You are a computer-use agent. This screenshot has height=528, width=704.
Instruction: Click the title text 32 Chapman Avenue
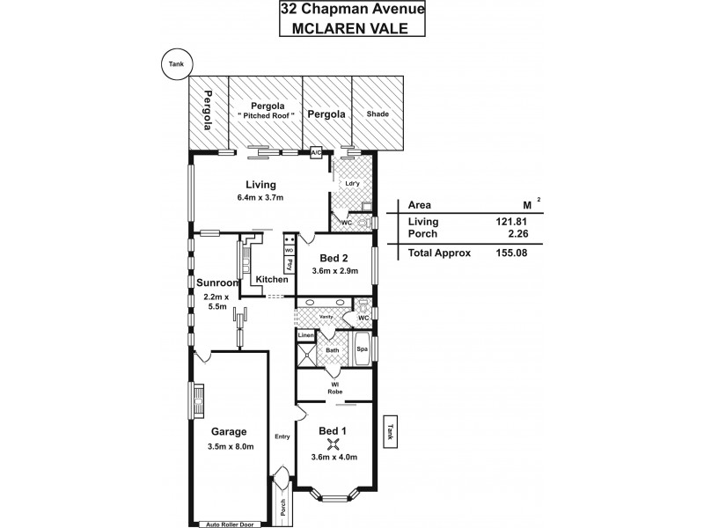[351, 10]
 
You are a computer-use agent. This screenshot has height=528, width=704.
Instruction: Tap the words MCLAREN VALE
[351, 27]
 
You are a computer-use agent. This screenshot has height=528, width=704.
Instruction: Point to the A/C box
[316, 153]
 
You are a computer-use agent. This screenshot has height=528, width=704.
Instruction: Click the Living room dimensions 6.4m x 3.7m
[260, 199]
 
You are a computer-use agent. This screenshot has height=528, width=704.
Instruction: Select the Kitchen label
[272, 279]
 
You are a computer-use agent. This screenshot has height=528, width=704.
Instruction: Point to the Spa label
[362, 349]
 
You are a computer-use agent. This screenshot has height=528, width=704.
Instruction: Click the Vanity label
[325, 314]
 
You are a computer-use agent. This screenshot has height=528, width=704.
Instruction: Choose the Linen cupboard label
[305, 335]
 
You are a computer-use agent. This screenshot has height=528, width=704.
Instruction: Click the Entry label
[282, 436]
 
